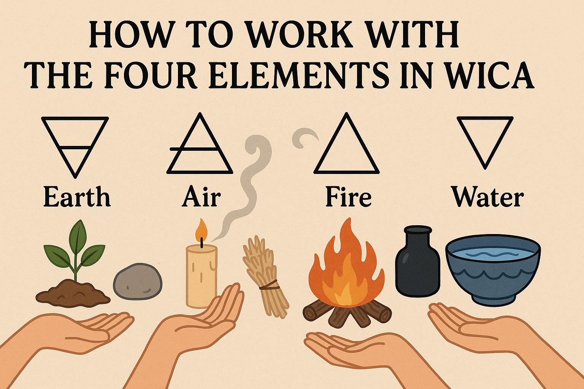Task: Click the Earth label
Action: [77, 196]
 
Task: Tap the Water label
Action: [487, 196]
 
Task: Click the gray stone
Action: [138, 281]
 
